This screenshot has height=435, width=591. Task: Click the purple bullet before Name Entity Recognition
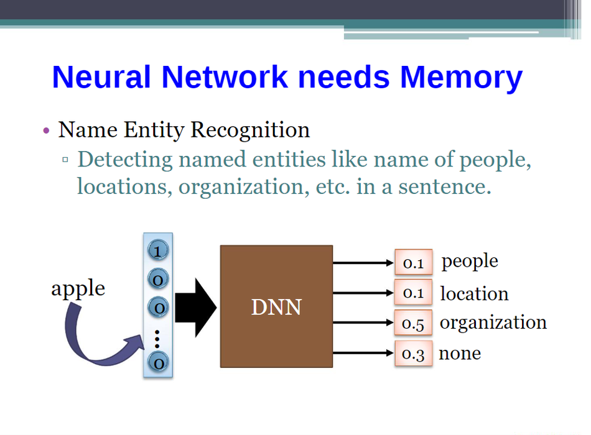coord(46,131)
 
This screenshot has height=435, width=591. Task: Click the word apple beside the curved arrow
coord(78,288)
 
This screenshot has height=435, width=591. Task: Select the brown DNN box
coord(276,306)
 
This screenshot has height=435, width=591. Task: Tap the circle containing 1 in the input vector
coord(158,251)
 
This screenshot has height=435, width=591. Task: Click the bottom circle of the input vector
coord(158,362)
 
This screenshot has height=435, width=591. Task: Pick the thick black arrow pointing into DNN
coord(195,308)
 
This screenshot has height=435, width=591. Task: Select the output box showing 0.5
coord(413,323)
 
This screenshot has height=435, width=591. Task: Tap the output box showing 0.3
coord(413,354)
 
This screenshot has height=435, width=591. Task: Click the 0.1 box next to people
coord(413,263)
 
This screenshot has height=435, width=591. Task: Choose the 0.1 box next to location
coord(413,293)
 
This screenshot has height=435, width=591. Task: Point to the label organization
coord(493,323)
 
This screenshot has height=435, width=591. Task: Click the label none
coord(460,354)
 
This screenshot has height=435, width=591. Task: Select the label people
coord(470,262)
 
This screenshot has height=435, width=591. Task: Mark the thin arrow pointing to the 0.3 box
coord(363,354)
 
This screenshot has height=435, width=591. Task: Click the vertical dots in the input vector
coord(157,339)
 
